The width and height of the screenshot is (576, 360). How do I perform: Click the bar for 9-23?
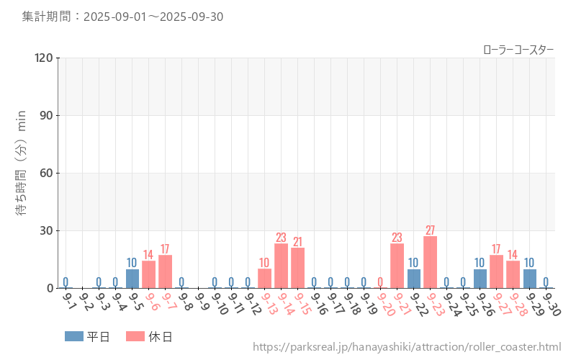point(430,262)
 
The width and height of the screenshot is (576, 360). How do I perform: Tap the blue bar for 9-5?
point(132,279)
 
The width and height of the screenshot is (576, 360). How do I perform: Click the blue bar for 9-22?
point(413,279)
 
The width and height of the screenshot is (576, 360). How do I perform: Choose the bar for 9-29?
point(529,279)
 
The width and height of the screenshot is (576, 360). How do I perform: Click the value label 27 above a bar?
point(430,230)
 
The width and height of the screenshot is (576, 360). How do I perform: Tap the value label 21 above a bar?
point(297,242)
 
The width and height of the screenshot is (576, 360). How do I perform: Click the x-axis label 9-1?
point(69,300)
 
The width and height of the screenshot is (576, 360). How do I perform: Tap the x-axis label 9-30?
point(551,302)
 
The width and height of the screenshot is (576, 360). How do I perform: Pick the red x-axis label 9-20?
point(385,302)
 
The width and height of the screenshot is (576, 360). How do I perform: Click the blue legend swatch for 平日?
point(73,336)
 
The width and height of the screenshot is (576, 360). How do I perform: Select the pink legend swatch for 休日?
point(135,336)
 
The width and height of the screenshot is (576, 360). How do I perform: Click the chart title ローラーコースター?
point(518,49)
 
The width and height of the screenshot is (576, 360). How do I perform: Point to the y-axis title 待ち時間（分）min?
point(22,173)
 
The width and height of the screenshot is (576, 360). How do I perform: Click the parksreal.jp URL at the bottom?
point(407,347)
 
